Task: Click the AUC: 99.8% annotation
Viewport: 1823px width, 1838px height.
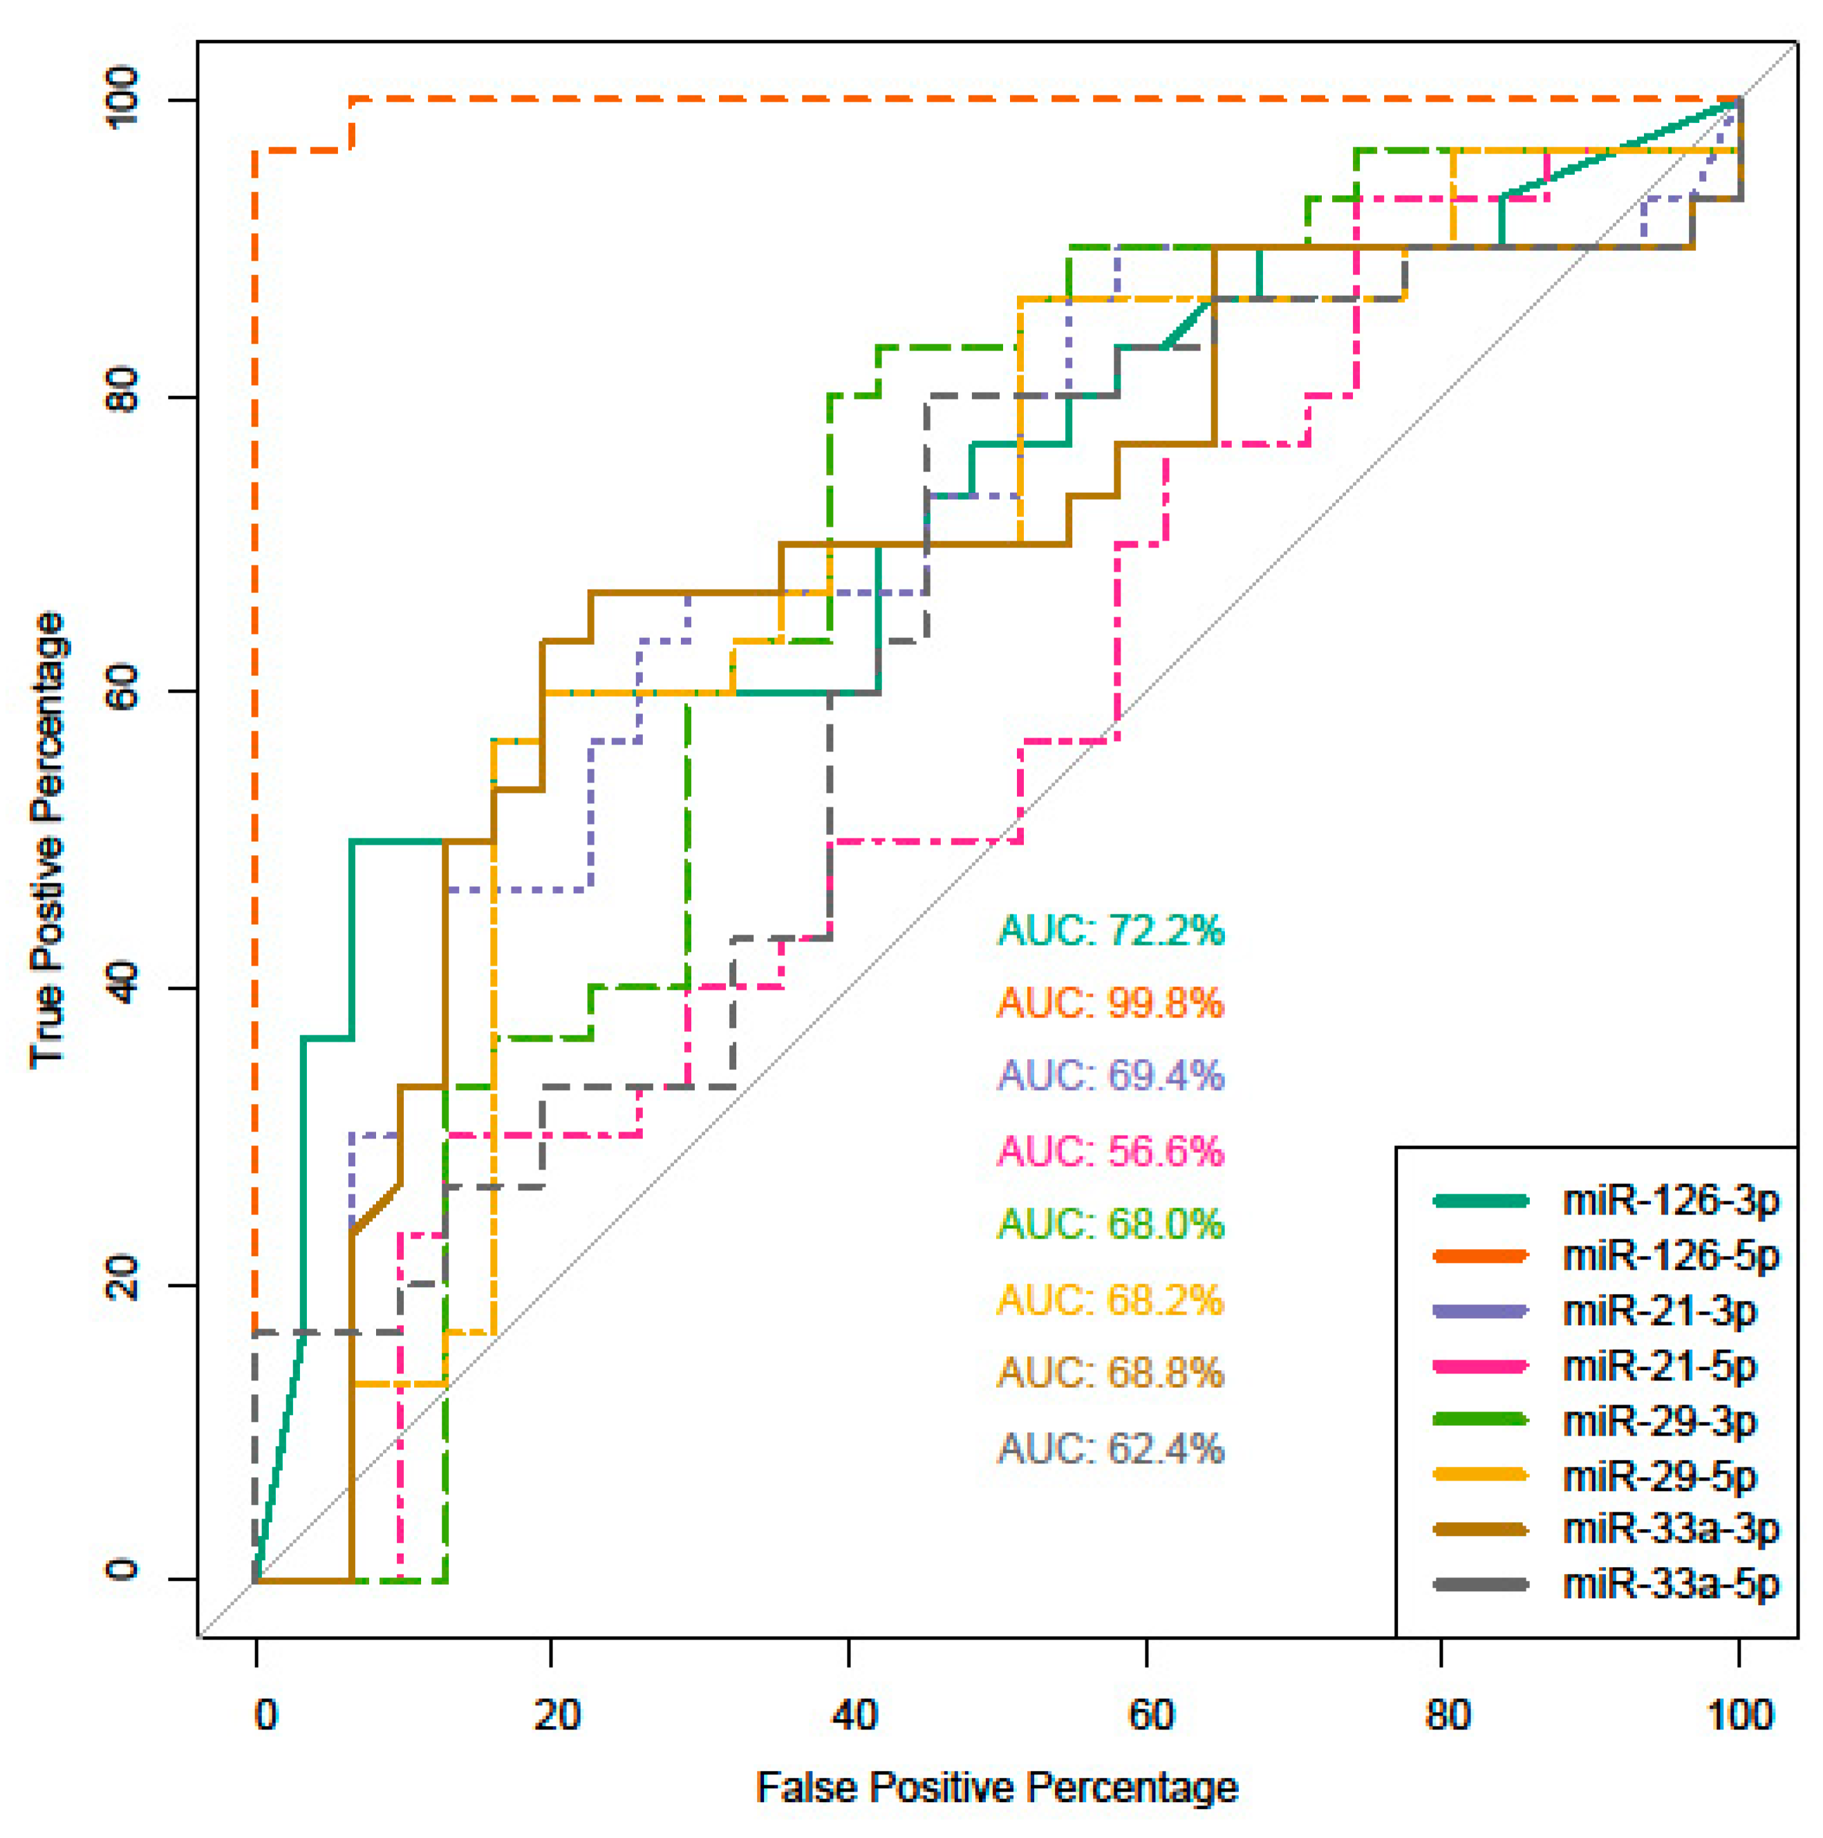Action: point(1110,1003)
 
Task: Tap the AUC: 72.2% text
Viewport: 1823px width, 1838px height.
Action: point(1110,930)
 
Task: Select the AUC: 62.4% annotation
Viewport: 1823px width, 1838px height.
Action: point(1110,1449)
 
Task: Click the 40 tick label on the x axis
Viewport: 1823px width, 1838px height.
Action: point(854,1715)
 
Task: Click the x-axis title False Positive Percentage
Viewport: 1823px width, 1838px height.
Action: point(997,1788)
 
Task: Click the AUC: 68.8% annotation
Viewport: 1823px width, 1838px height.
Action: point(1110,1373)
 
